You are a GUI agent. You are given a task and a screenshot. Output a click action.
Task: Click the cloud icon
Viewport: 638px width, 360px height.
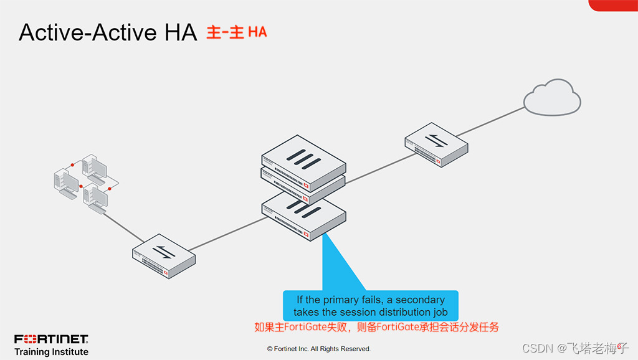(x=552, y=98)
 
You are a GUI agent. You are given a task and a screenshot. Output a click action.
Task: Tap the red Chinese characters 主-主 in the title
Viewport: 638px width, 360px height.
(x=225, y=32)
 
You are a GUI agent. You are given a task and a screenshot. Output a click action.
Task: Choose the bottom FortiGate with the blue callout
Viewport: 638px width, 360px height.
(x=304, y=215)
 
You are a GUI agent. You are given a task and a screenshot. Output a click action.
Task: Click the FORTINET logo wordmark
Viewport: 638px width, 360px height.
(x=51, y=339)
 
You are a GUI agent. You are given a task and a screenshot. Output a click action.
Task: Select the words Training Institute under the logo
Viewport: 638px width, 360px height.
(x=51, y=352)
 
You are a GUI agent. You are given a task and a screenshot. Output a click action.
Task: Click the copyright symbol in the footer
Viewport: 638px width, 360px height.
(x=270, y=349)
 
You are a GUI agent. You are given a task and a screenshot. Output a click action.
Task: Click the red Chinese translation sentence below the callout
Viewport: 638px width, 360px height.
(x=376, y=327)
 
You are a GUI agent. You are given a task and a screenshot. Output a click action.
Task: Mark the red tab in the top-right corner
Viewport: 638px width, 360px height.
(x=613, y=5)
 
